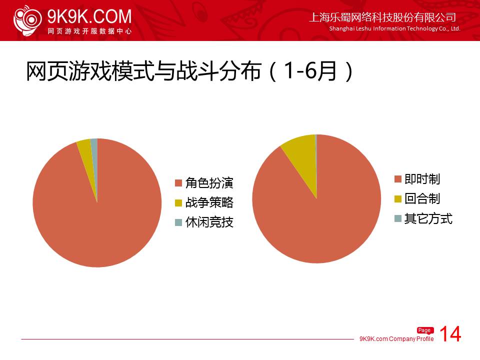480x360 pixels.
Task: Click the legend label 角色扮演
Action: (209, 183)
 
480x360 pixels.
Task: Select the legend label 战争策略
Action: (209, 202)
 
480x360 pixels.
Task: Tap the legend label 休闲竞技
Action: (209, 222)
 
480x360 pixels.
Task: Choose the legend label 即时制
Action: (422, 179)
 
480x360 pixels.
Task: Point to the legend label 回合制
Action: (422, 198)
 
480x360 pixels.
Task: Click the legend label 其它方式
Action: (428, 218)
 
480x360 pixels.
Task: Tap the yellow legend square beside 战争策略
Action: (178, 203)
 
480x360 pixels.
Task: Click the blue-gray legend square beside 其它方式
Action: (398, 218)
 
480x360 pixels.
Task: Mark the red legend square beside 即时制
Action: (398, 179)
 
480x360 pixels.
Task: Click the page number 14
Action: (450, 334)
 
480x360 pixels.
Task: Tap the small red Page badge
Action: (425, 330)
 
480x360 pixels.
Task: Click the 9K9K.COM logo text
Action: (89, 16)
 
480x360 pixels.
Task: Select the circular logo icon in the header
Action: (27, 20)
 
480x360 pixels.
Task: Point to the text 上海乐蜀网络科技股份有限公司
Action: (382, 17)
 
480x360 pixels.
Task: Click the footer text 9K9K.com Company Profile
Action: (396, 339)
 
